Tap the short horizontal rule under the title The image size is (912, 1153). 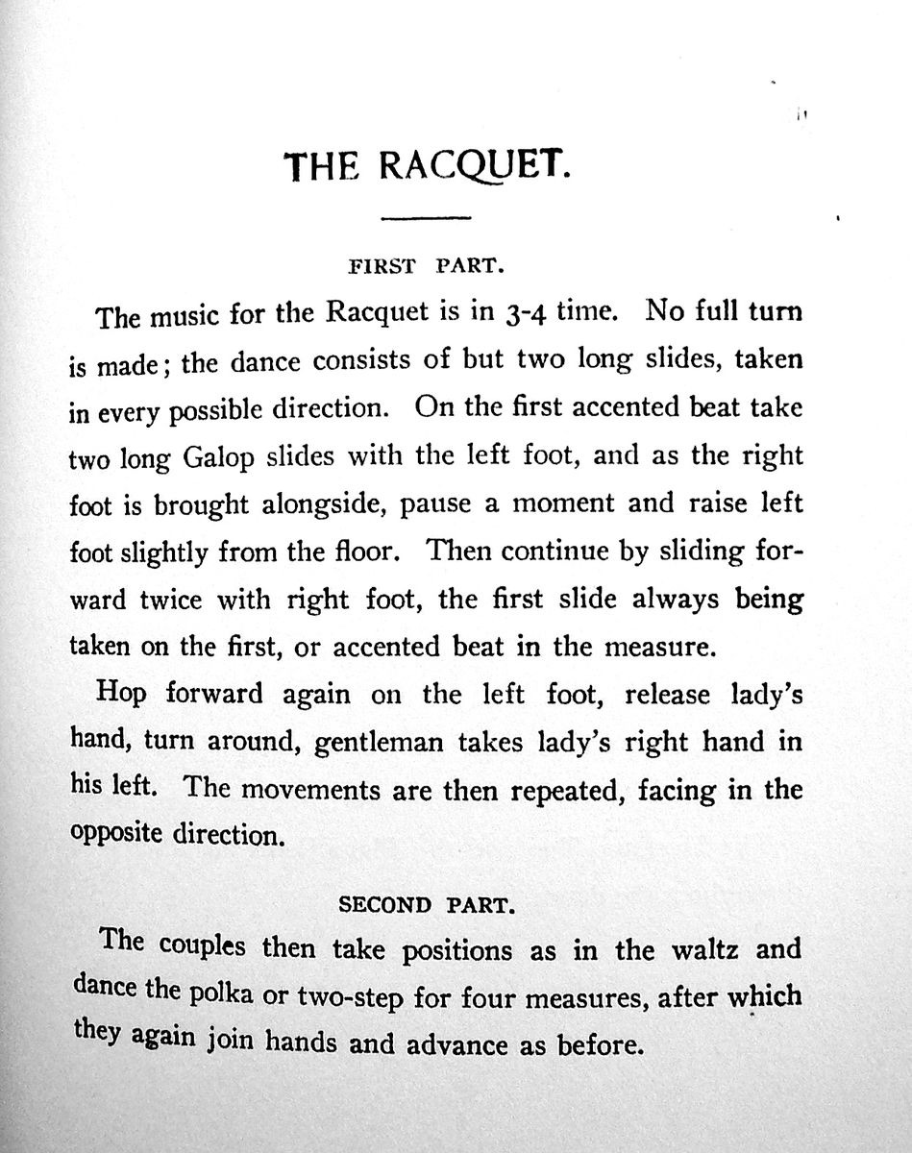click(425, 220)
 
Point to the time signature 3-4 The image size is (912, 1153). click(528, 312)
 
